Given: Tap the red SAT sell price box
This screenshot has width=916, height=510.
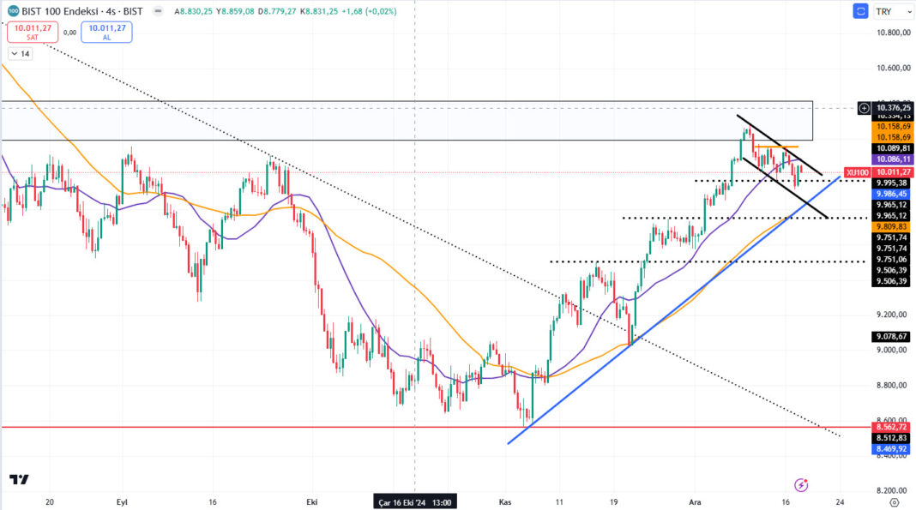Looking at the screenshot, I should point(32,33).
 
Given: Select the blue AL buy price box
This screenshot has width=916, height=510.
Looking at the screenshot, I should point(106,33).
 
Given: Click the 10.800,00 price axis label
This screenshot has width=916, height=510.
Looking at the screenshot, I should point(892,33).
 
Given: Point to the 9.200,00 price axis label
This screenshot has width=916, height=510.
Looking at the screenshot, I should point(892,315).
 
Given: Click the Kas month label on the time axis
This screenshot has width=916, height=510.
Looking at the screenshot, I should point(505,501).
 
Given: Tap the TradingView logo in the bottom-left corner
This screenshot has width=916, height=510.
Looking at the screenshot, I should point(19,480).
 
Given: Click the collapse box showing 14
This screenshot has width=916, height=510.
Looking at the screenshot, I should point(20,54).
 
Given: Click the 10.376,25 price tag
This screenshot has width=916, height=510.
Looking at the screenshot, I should point(892,108).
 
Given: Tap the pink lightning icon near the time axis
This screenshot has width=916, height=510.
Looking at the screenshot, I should point(801,484).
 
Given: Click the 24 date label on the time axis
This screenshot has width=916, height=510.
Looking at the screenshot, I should point(840,501).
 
